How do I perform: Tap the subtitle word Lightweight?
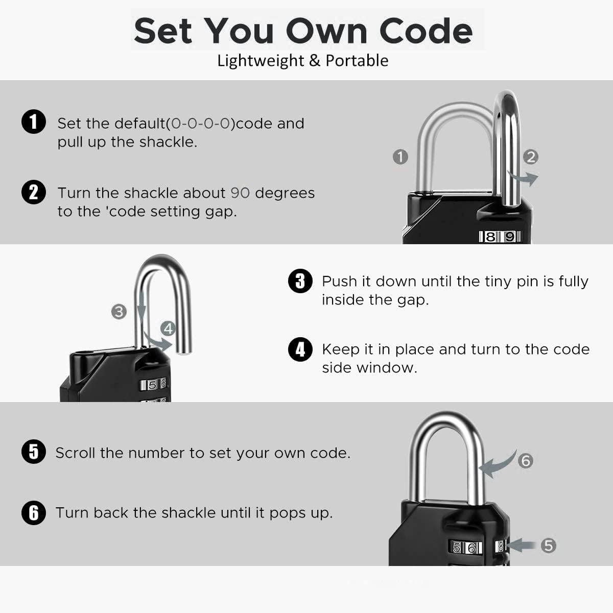(261, 61)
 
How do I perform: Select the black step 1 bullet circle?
(34, 123)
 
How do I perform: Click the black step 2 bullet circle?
(34, 192)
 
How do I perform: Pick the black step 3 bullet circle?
(300, 281)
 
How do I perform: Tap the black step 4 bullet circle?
(300, 349)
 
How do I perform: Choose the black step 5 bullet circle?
(34, 452)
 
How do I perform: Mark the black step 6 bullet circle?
(34, 512)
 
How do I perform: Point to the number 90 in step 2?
(240, 193)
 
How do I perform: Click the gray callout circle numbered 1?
(400, 157)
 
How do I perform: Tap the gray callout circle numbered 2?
(531, 157)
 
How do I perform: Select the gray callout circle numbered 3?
(119, 311)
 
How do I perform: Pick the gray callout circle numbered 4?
(168, 328)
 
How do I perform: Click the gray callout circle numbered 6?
(526, 461)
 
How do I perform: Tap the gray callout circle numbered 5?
(548, 546)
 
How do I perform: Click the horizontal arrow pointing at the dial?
(521, 545)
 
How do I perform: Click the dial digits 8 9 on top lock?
(500, 237)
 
